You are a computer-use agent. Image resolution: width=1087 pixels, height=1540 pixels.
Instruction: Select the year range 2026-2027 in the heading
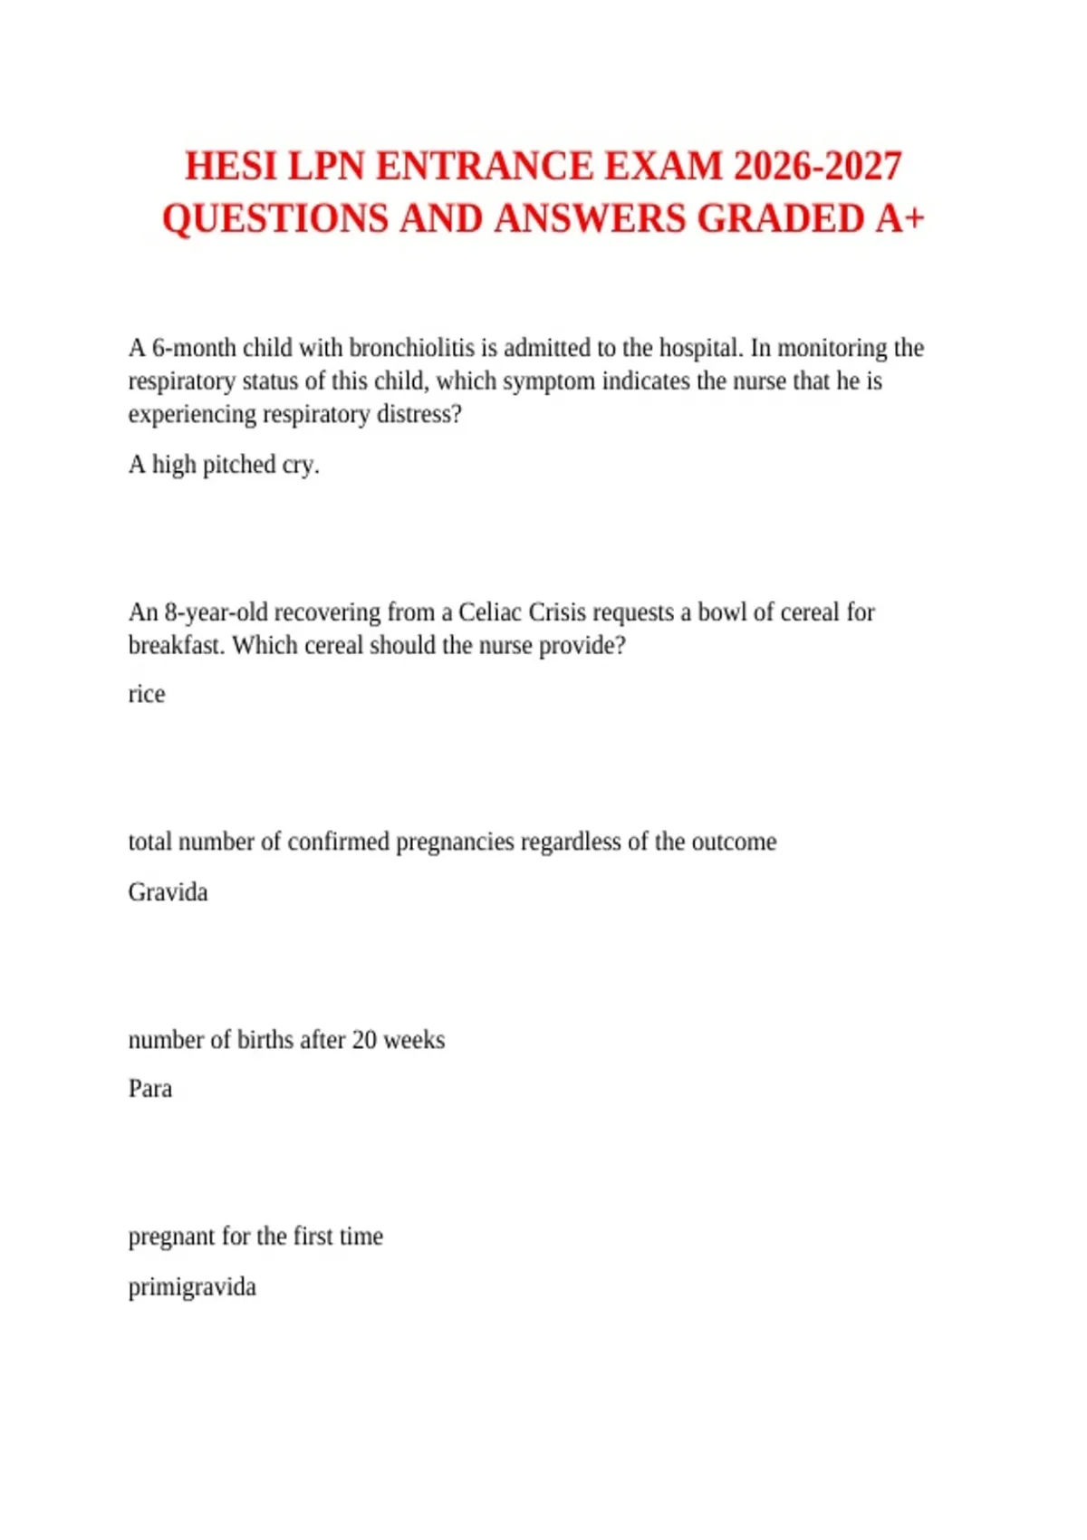click(817, 167)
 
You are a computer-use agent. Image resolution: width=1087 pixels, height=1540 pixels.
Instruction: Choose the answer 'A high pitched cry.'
click(224, 465)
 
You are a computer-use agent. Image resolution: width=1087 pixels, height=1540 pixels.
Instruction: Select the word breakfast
click(177, 646)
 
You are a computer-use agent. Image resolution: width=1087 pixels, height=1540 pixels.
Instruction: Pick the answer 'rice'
click(147, 695)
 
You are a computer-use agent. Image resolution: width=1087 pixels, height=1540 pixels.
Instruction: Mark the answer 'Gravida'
click(168, 892)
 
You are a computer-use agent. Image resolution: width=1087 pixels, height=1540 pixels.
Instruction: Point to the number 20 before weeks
click(364, 1040)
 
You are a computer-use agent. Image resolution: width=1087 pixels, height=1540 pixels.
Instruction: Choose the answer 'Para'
click(150, 1089)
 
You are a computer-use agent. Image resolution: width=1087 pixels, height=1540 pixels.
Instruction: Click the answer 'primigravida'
click(192, 1287)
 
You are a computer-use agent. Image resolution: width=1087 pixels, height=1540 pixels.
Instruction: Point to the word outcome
click(734, 842)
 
